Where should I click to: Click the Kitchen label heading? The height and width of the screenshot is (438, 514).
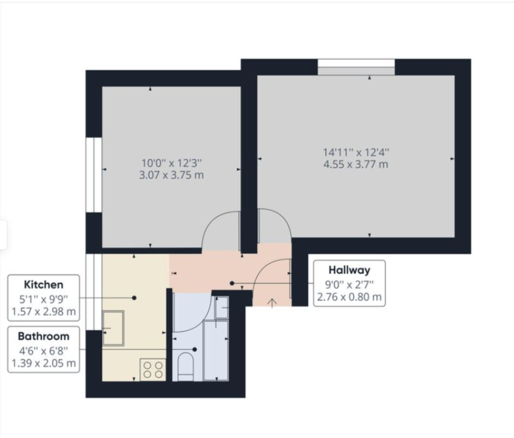[44, 285]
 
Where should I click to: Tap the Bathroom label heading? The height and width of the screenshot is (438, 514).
[44, 336]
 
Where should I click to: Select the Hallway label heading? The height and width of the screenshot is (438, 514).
[350, 270]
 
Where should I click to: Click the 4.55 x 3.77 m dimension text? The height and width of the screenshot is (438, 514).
[356, 164]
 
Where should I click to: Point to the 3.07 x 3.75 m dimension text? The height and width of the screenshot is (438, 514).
[172, 175]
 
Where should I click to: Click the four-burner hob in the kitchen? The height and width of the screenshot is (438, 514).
[153, 370]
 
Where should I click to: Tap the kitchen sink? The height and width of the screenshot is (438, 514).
[113, 328]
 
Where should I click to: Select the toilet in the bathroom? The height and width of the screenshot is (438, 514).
[186, 367]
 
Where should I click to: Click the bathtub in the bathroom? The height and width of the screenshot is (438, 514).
[215, 351]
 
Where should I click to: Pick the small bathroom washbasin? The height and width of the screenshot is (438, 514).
[221, 307]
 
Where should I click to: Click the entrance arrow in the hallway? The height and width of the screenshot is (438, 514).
[272, 303]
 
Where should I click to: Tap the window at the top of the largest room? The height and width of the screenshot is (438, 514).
[356, 67]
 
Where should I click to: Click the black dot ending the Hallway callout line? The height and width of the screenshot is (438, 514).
[232, 283]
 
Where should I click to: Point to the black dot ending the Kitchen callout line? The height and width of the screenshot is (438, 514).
[134, 298]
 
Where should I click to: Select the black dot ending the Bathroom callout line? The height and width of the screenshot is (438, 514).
[195, 350]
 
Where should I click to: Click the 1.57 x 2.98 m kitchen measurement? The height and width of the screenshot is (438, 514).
[44, 311]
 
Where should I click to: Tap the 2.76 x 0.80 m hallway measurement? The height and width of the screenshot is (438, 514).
[350, 297]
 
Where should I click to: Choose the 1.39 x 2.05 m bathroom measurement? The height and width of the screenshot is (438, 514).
[44, 363]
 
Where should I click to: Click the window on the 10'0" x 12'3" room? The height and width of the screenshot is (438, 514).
[94, 175]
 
